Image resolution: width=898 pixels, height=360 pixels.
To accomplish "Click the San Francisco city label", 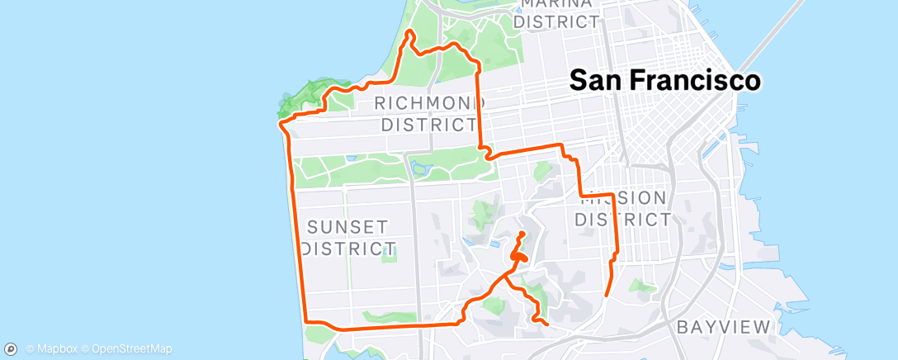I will click(x=665, y=80).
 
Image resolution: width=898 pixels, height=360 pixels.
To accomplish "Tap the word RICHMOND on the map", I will click(x=429, y=104).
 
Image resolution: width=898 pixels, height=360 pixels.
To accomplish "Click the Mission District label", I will click(x=622, y=209).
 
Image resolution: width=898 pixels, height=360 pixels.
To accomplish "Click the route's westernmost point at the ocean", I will click(x=281, y=125).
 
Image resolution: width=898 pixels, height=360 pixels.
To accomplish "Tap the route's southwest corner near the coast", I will click(x=307, y=321).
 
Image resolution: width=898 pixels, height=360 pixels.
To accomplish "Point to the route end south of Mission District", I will click(x=607, y=294).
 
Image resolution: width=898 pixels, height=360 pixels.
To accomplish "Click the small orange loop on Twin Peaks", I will click(x=517, y=257).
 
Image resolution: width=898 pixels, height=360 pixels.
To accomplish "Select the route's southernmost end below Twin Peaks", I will click(x=546, y=324).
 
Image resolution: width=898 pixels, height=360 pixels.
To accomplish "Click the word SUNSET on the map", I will click(x=336, y=226).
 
